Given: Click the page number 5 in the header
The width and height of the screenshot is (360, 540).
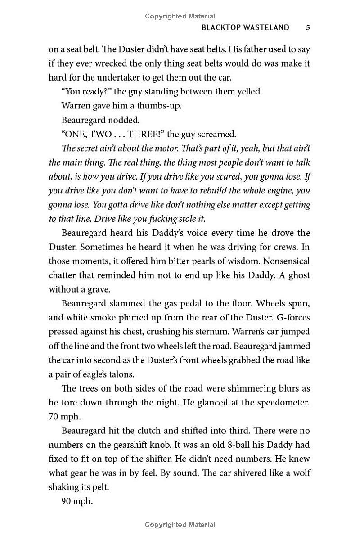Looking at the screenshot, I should click(x=308, y=27).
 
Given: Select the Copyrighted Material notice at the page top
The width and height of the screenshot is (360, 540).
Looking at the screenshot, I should click(x=180, y=16).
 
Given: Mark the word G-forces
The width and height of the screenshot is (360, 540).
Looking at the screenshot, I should click(x=292, y=317).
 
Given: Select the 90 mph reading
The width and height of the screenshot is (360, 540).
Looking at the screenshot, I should click(x=77, y=501).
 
